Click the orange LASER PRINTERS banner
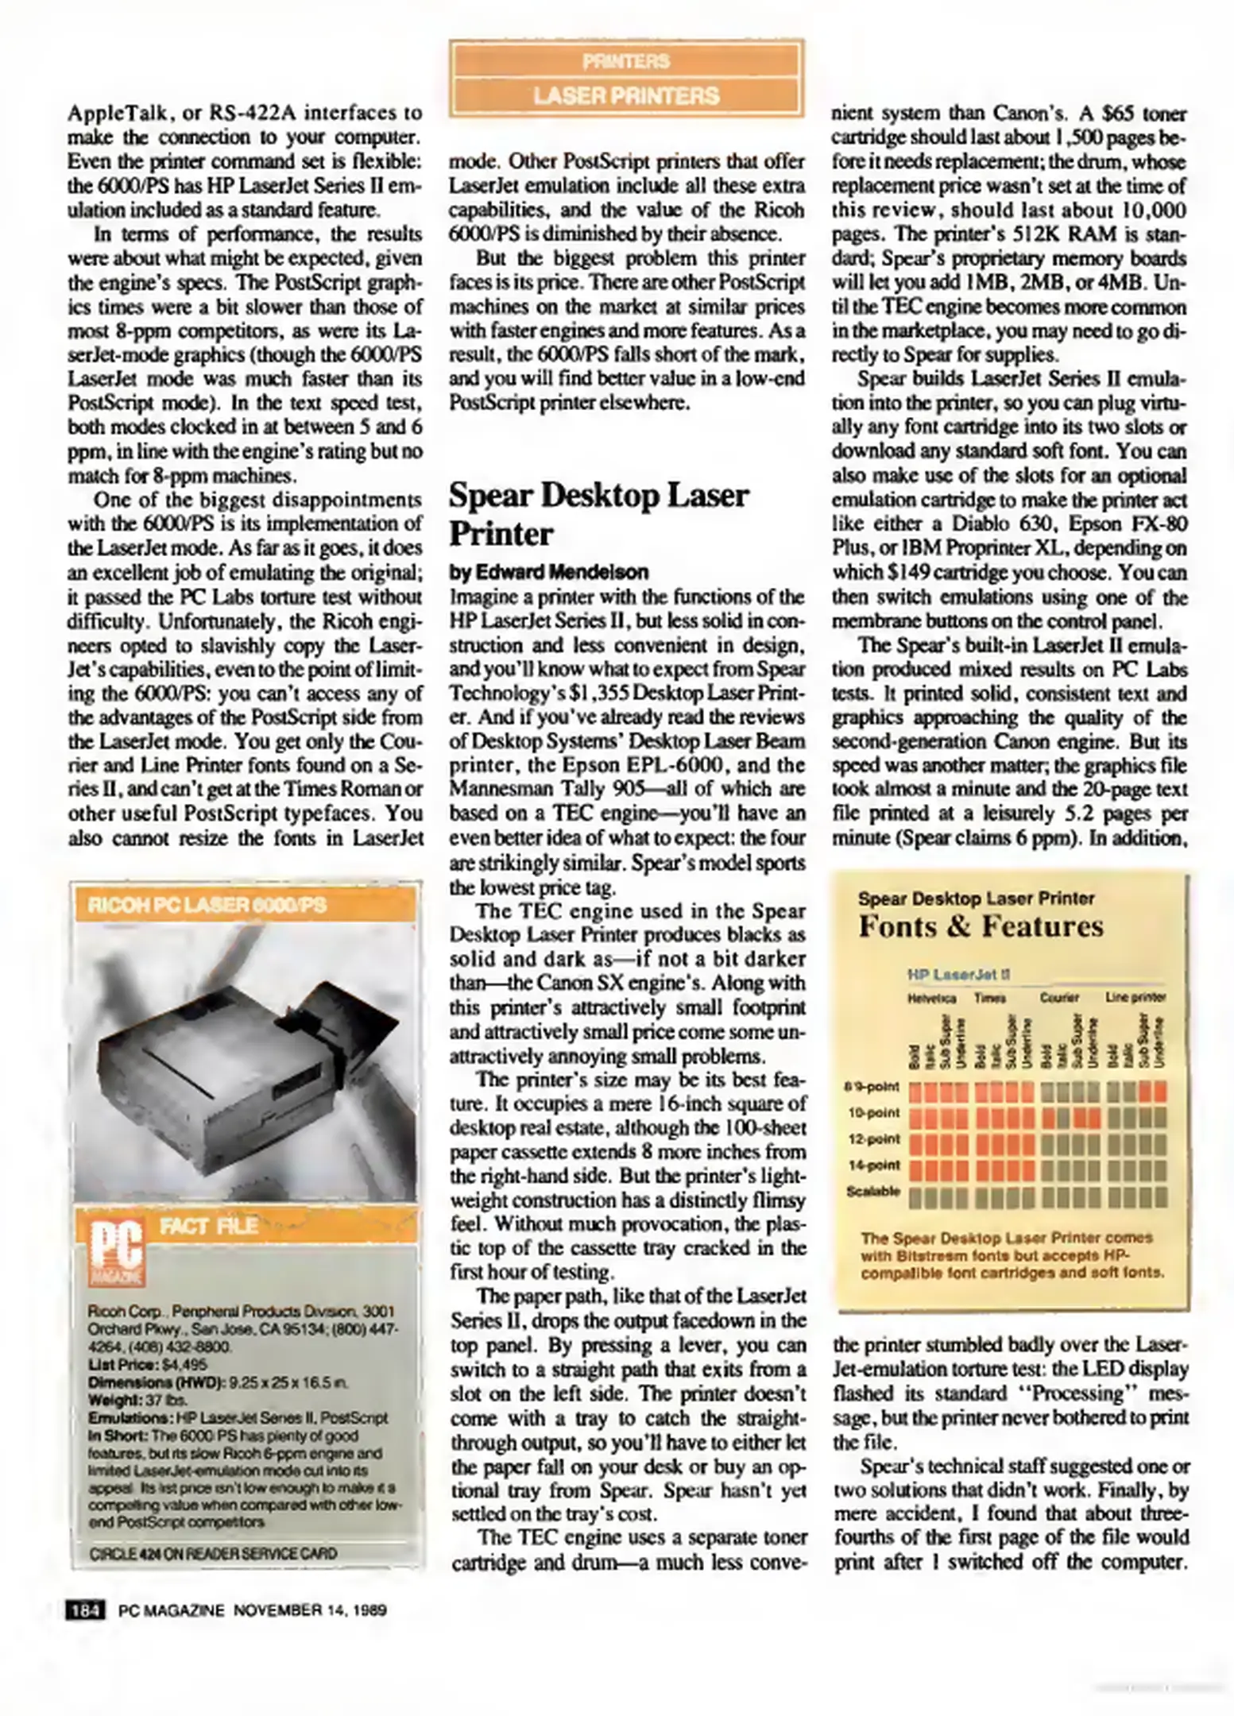[626, 96]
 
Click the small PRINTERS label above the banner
[626, 61]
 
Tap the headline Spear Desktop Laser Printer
[599, 513]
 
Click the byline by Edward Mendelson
[548, 572]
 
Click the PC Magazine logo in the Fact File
[118, 1252]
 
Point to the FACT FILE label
[208, 1226]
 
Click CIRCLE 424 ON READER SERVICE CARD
[213, 1552]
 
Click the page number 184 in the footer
[85, 1610]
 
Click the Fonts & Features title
[981, 926]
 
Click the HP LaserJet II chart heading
[957, 975]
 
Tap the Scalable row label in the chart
[873, 1191]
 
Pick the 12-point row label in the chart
[874, 1138]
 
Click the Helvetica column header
[931, 998]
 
